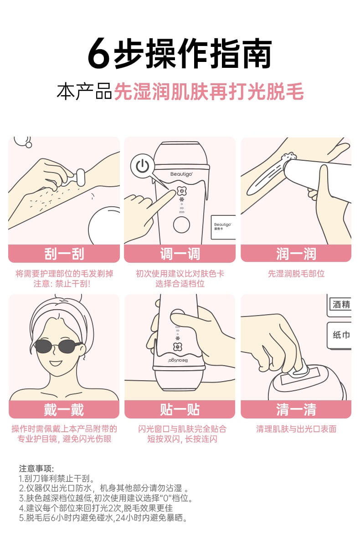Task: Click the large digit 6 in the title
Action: point(99,54)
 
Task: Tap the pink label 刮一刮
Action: point(64,254)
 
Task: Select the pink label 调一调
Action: point(180,254)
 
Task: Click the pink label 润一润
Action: point(296,254)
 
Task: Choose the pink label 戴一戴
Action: point(64,409)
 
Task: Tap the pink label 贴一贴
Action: point(180,409)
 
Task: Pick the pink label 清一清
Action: point(296,409)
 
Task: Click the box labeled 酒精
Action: point(340,305)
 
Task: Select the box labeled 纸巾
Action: point(340,335)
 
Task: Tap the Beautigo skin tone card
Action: point(223,226)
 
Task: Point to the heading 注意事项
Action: point(36,469)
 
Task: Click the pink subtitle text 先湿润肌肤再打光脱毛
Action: point(208,92)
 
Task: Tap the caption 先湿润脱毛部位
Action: point(296,274)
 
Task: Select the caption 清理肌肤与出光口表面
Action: point(296,429)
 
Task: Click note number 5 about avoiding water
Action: point(103,518)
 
